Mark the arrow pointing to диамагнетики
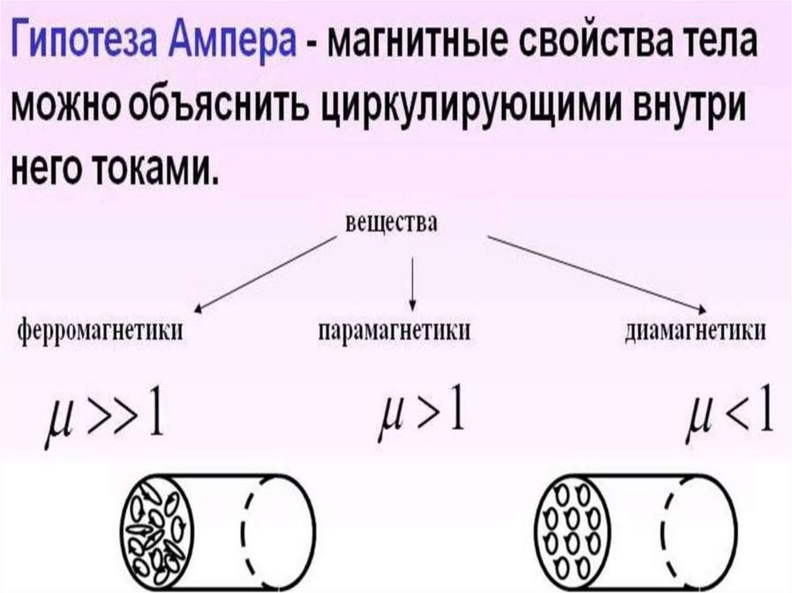point(596,271)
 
